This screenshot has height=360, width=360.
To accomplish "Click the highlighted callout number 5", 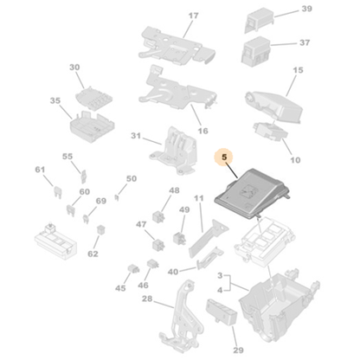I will pos(224,157).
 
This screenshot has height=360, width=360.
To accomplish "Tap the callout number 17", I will pos(193,16).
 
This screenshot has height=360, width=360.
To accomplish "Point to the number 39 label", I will pos(305,10).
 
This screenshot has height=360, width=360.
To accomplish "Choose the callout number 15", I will pos(299,70).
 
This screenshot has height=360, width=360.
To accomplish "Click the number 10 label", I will pos(295,160).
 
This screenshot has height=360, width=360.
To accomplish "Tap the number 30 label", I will pos(74,67).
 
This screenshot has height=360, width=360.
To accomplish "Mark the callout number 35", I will pos(55,100).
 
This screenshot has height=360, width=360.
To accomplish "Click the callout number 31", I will pos(135,136).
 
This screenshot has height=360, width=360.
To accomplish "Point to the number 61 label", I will pos(39,170).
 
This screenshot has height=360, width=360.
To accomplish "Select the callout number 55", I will pos(67,156).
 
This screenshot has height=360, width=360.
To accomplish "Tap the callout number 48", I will pos(174,190).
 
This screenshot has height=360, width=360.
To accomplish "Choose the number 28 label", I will pos(147,299).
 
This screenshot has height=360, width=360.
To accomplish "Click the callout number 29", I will pos(238,350).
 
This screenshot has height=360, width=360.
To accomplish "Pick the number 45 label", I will pos(120,288).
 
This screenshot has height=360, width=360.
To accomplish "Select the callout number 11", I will pos(198,198).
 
